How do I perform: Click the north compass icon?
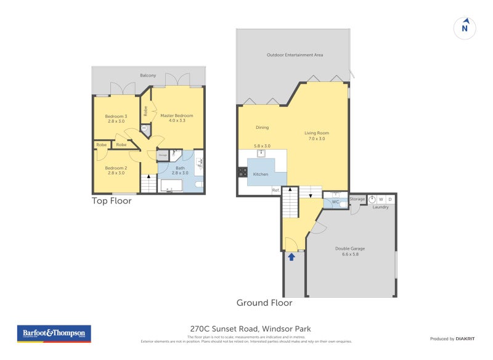click(x=465, y=27)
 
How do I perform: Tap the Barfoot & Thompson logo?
click(x=54, y=333)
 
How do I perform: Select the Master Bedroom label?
click(x=177, y=115)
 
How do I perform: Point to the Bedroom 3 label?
click(x=116, y=117)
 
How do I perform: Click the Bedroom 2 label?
click(x=116, y=168)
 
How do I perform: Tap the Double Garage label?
click(x=350, y=248)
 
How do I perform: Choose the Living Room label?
click(x=317, y=133)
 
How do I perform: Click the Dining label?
click(x=263, y=128)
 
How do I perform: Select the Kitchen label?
click(x=261, y=174)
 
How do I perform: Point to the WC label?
click(x=335, y=202)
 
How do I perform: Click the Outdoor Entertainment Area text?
click(x=295, y=55)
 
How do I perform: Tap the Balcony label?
click(x=148, y=75)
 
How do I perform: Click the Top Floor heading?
click(x=112, y=201)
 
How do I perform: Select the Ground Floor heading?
click(x=264, y=303)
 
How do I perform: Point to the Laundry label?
click(x=380, y=207)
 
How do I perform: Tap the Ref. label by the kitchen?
click(x=276, y=190)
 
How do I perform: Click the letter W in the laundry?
click(x=381, y=199)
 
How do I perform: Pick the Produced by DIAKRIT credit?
click(x=455, y=338)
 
